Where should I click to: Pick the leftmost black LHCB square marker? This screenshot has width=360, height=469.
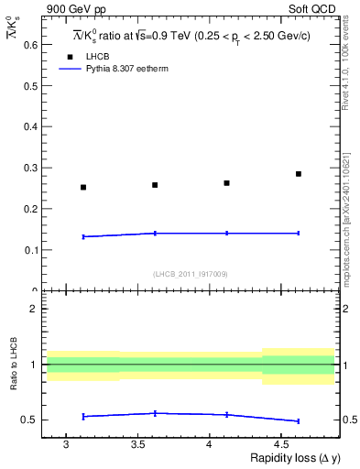click(x=83, y=187)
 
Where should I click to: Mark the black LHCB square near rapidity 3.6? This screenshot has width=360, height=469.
click(x=155, y=185)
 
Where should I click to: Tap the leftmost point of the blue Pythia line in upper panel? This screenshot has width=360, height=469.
click(x=83, y=236)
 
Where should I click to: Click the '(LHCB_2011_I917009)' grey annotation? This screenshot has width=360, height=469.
click(x=191, y=273)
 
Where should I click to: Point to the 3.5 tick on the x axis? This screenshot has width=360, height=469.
click(x=137, y=444)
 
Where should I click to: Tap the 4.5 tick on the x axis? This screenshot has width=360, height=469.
click(x=281, y=444)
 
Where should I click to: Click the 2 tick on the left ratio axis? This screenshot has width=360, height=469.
click(x=33, y=309)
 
